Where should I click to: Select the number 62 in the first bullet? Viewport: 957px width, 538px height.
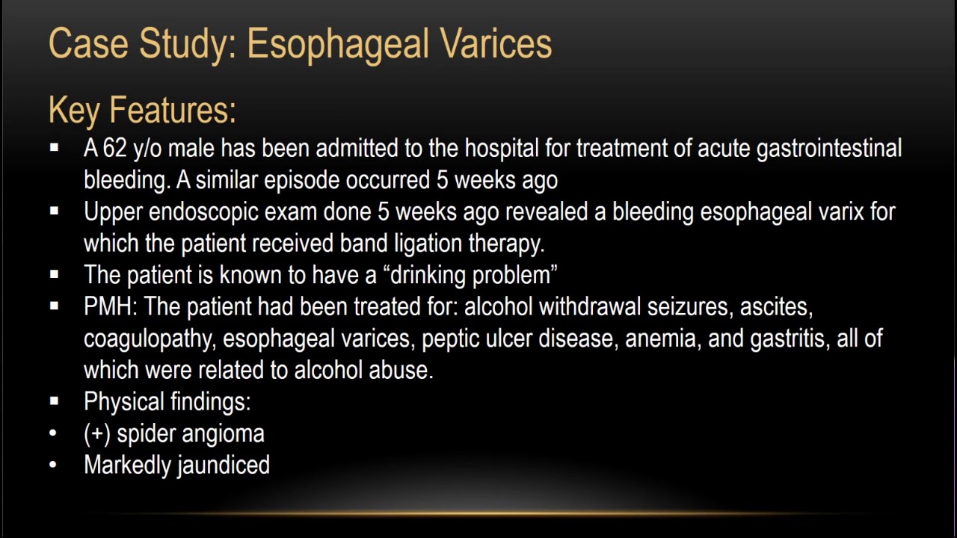tap(115, 149)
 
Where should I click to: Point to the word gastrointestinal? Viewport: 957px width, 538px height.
tap(829, 149)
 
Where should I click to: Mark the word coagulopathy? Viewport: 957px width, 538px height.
tap(149, 339)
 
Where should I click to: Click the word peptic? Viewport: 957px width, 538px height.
tap(453, 338)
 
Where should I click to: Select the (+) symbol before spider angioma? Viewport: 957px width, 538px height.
tap(97, 434)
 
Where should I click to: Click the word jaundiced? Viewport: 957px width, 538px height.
tap(224, 466)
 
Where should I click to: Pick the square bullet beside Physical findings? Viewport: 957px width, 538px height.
tap(54, 402)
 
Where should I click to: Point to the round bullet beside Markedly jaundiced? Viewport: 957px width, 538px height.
tap(53, 466)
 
